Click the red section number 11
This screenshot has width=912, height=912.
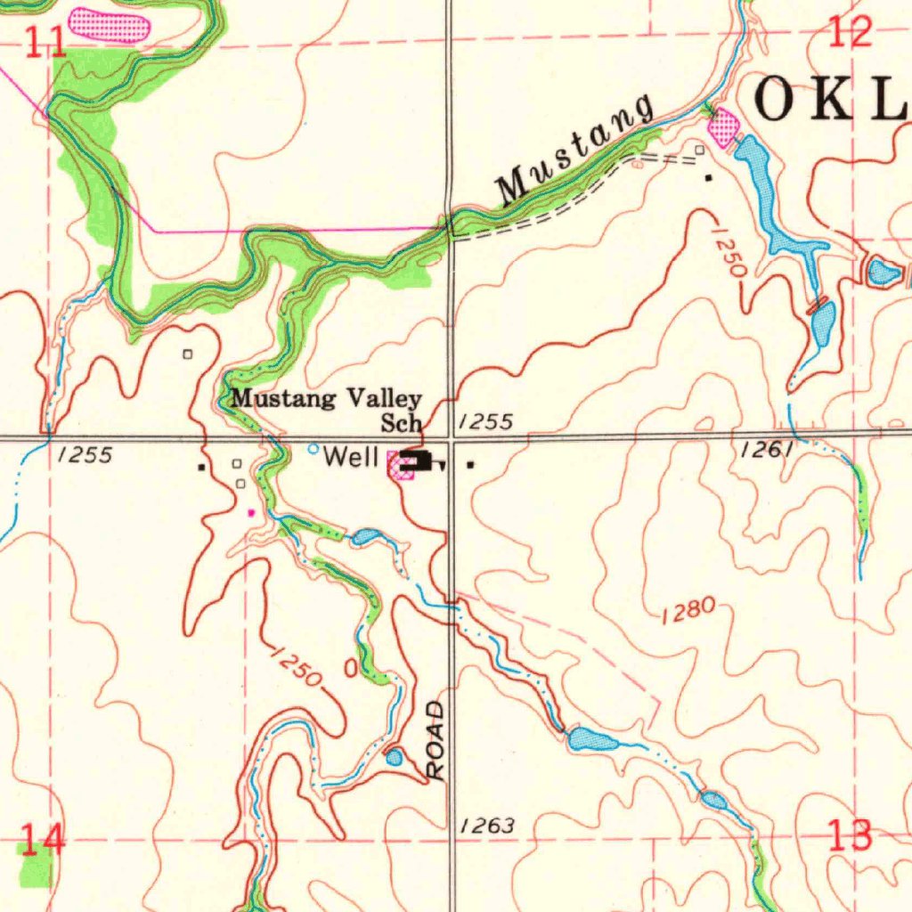(x=45, y=42)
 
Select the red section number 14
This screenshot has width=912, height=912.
(x=42, y=838)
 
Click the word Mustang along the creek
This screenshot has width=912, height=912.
(x=574, y=151)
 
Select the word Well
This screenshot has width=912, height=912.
(x=351, y=458)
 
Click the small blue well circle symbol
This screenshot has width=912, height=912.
(x=313, y=449)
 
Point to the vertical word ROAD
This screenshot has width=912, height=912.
(x=435, y=741)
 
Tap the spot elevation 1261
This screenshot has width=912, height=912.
(x=766, y=451)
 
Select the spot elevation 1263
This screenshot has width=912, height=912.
(x=487, y=826)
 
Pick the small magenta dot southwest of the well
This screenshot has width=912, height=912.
(x=251, y=512)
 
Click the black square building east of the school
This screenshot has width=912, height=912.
(x=470, y=464)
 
